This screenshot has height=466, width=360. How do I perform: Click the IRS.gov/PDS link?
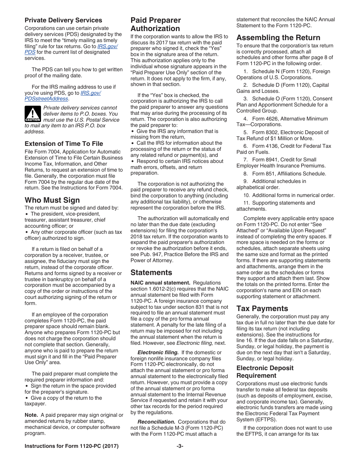pyautogui.click(x=107, y=46)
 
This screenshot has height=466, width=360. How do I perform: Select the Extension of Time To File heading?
pyautogui.click(x=64, y=144)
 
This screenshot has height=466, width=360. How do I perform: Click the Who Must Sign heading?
pyautogui.click(x=52, y=200)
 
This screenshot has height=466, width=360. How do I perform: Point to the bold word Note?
pyautogui.click(x=31, y=415)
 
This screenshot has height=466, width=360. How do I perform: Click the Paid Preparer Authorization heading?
pyautogui.click(x=155, y=24)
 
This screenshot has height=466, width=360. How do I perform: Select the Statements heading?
pyautogui.click(x=151, y=272)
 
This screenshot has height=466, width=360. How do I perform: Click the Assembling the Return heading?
pyautogui.click(x=278, y=38)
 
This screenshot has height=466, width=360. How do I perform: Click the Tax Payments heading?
pyautogui.click(x=262, y=308)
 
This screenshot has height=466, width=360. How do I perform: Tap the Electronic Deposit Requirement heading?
pyautogui.click(x=265, y=372)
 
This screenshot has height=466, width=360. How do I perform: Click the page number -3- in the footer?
pyautogui.click(x=180, y=446)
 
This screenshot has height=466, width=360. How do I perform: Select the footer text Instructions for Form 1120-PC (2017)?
pyautogui.click(x=72, y=446)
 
